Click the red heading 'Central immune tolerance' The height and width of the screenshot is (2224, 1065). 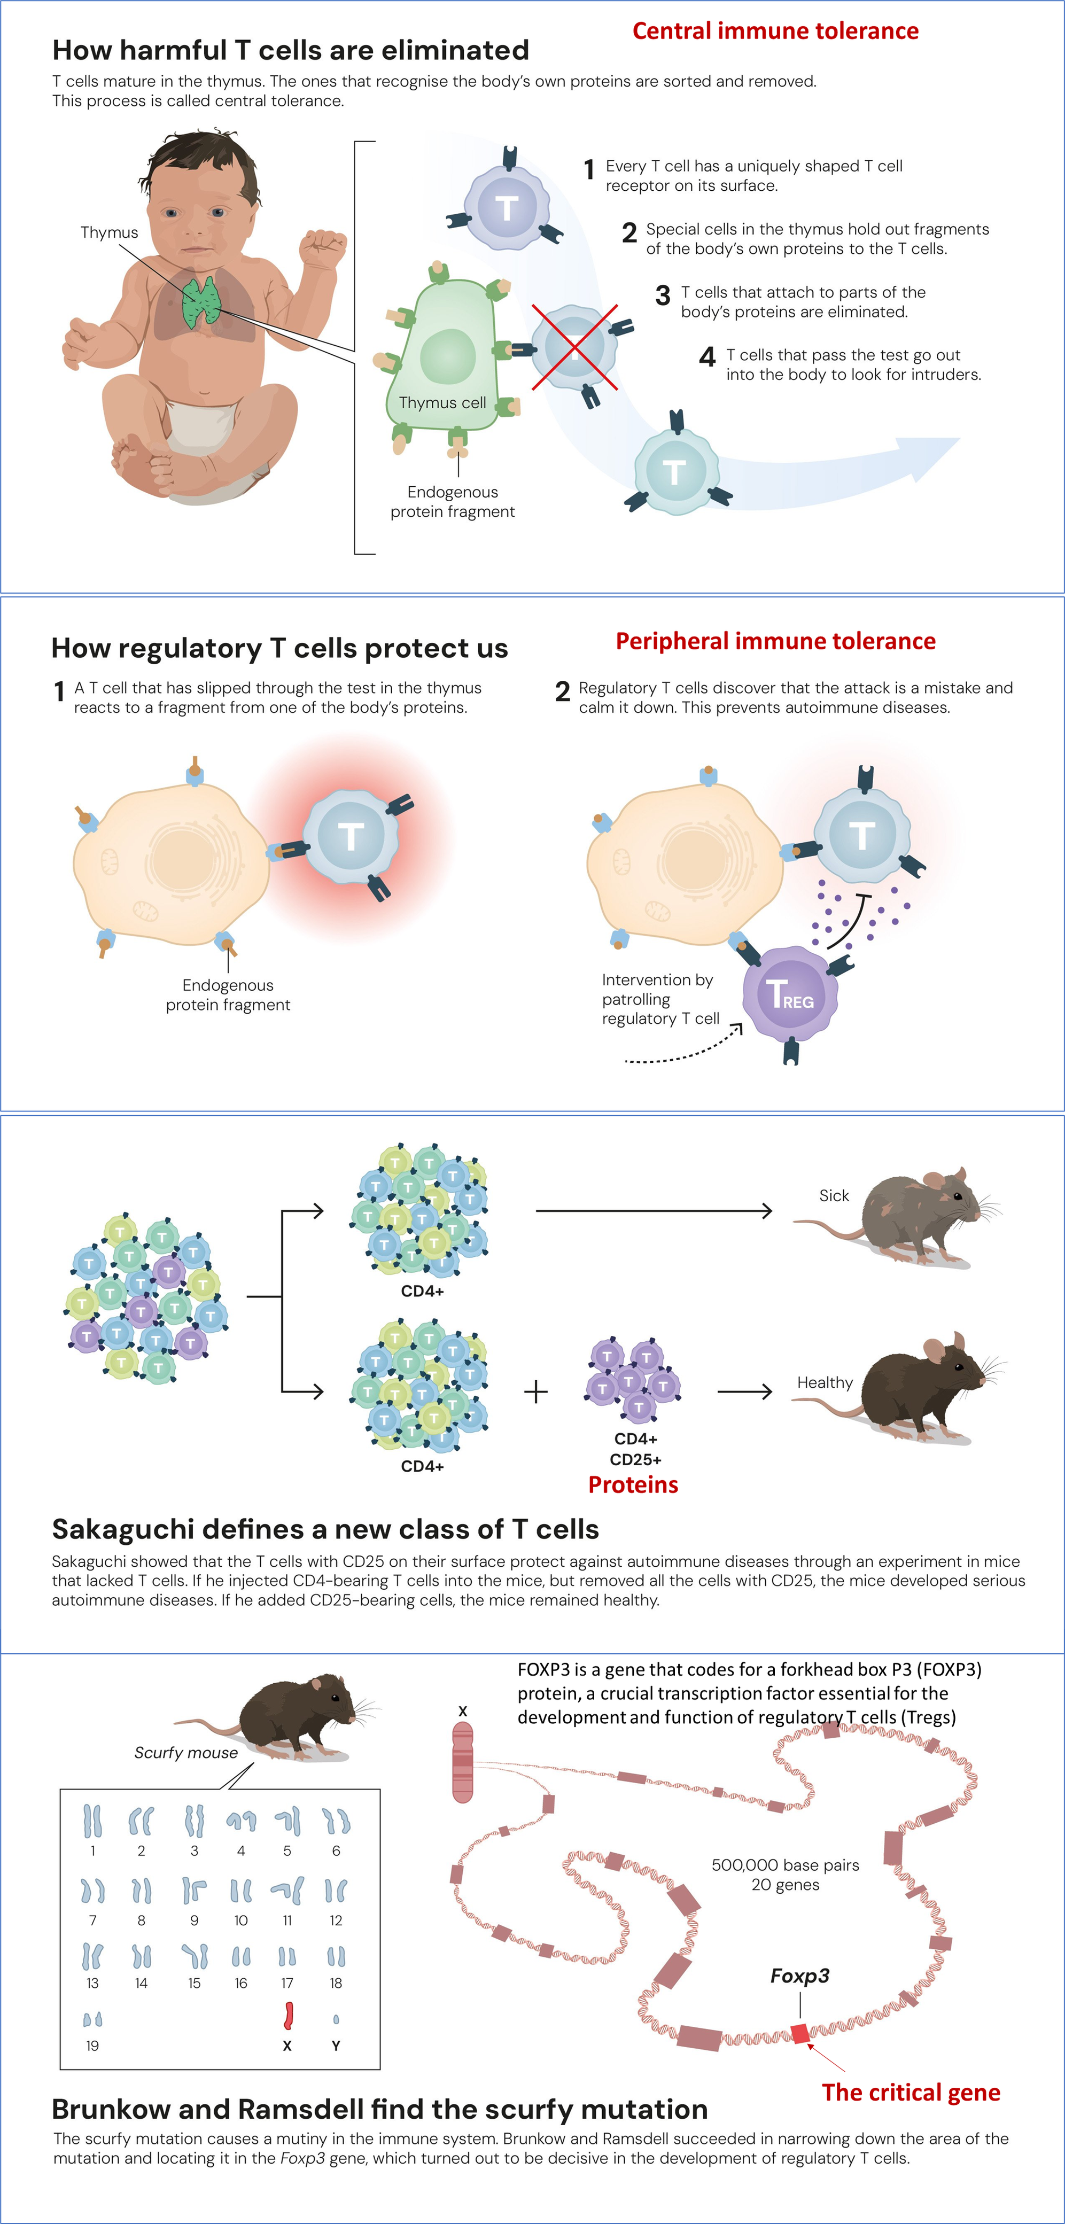pyautogui.click(x=775, y=31)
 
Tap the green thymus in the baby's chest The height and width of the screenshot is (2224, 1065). pyautogui.click(x=202, y=301)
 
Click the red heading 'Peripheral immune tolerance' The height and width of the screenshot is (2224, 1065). pyautogui.click(x=775, y=641)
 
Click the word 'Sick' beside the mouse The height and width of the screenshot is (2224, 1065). pyautogui.click(x=834, y=1196)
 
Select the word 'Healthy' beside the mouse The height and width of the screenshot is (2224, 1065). pyautogui.click(x=824, y=1382)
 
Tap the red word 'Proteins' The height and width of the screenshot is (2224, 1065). pyautogui.click(x=633, y=1485)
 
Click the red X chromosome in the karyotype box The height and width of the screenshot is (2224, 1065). pyautogui.click(x=288, y=2016)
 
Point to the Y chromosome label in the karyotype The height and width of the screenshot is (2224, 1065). pyautogui.click(x=336, y=2046)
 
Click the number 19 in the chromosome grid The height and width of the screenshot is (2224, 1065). pyautogui.click(x=92, y=2046)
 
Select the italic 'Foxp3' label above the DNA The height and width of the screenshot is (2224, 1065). pyautogui.click(x=799, y=1976)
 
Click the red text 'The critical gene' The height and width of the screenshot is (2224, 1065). pyautogui.click(x=911, y=2092)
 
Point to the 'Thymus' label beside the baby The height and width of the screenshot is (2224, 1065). pyautogui.click(x=108, y=232)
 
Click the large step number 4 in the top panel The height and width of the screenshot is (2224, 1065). pyautogui.click(x=708, y=356)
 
